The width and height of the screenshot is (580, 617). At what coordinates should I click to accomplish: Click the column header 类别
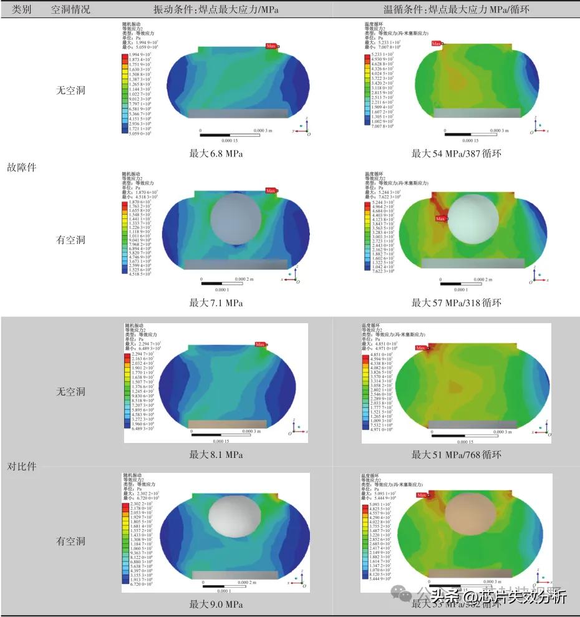pyautogui.click(x=22, y=9)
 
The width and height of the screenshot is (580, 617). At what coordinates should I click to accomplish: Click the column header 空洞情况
pyautogui.click(x=69, y=9)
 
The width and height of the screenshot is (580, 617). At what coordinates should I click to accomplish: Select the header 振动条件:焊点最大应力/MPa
pyautogui.click(x=216, y=9)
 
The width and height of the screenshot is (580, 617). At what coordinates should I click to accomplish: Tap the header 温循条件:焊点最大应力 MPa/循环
pyautogui.click(x=456, y=9)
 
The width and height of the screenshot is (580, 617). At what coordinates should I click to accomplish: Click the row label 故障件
pyautogui.click(x=22, y=167)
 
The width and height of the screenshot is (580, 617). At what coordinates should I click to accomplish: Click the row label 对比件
pyautogui.click(x=22, y=466)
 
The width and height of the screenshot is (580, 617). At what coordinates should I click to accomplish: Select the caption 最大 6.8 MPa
pyautogui.click(x=216, y=153)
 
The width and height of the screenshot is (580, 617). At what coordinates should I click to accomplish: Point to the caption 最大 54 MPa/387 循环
pyautogui.click(x=456, y=153)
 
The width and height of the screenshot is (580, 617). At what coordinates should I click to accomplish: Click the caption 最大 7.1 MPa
pyautogui.click(x=216, y=303)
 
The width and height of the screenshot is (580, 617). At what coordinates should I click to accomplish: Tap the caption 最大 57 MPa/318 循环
pyautogui.click(x=456, y=303)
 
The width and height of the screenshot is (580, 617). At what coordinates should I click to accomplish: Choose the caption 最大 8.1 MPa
pyautogui.click(x=216, y=454)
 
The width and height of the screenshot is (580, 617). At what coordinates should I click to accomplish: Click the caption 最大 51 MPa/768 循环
pyautogui.click(x=456, y=454)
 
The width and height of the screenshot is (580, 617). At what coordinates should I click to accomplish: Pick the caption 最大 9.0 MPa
pyautogui.click(x=216, y=604)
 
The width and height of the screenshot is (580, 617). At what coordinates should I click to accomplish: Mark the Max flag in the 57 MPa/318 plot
pyautogui.click(x=440, y=218)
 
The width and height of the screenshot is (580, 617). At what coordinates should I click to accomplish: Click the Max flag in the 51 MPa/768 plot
pyautogui.click(x=421, y=348)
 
